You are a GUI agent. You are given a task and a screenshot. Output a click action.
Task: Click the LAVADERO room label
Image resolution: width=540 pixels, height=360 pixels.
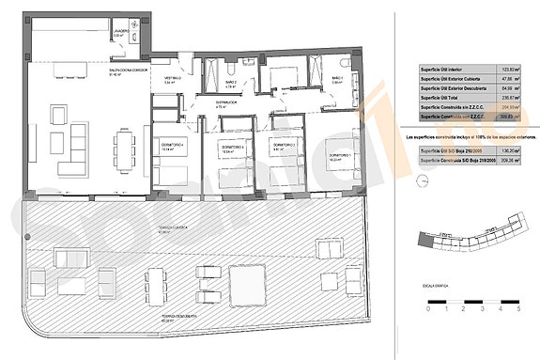point(121,31)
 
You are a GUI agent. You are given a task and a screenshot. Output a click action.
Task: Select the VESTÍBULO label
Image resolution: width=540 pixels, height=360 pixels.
point(173,78)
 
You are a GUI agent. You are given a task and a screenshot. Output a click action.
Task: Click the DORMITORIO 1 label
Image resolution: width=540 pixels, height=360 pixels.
point(338,154)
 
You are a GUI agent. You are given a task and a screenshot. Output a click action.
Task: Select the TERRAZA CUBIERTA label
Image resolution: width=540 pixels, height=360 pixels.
point(169,227)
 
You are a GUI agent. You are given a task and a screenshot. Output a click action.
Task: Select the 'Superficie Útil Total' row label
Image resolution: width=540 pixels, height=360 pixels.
point(445,98)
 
